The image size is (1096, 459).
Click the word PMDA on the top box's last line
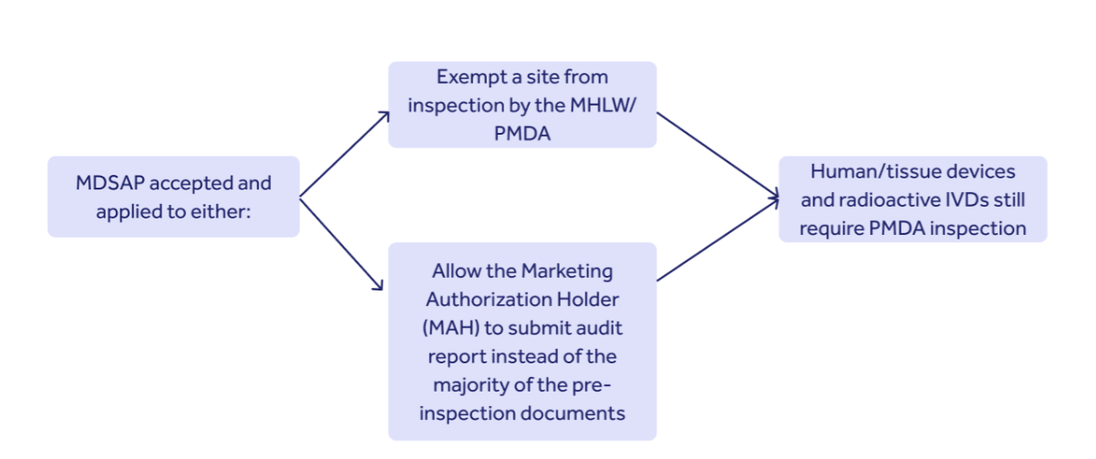(x=522, y=133)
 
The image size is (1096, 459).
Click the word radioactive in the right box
(x=889, y=199)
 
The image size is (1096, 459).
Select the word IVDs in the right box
(x=967, y=199)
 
